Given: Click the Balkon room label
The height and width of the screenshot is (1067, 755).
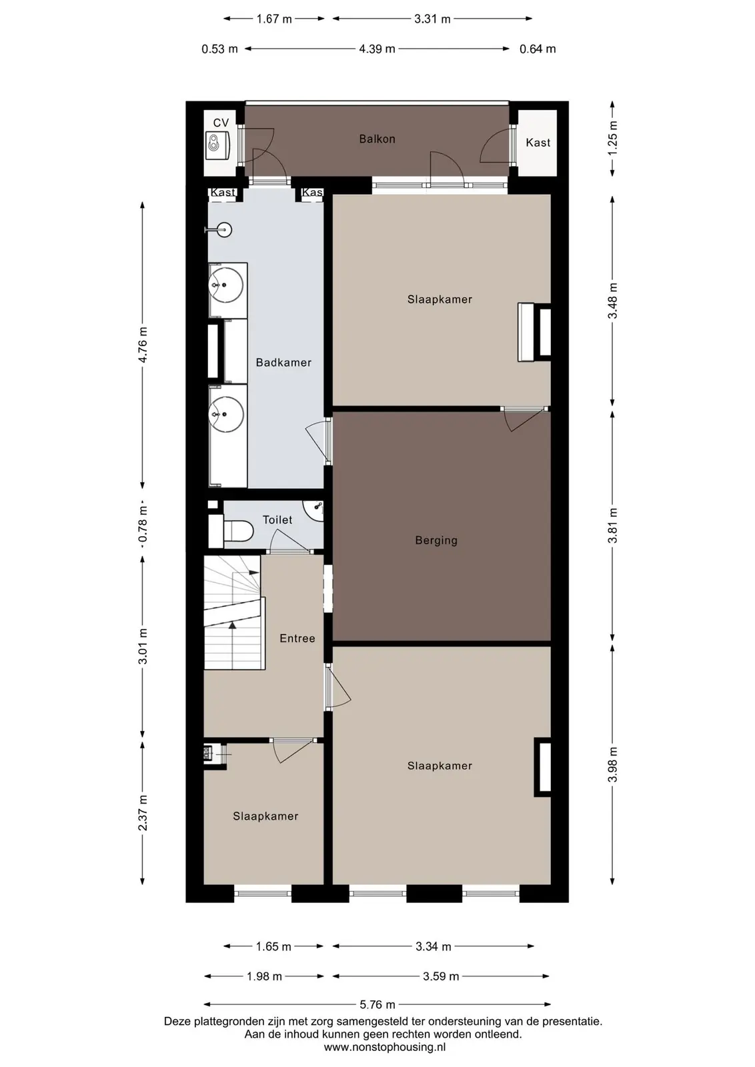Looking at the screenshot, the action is (x=377, y=139).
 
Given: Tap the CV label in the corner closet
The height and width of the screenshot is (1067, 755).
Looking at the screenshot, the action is (x=221, y=123).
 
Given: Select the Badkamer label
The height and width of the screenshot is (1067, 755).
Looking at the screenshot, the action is (x=283, y=363).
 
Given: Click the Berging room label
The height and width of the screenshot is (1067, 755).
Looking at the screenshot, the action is (x=436, y=540).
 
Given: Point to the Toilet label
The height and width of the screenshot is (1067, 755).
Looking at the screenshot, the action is (x=277, y=519).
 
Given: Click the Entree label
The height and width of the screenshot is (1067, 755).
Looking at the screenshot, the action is (x=297, y=638).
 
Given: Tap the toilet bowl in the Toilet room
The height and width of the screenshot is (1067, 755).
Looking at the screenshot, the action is (x=238, y=531).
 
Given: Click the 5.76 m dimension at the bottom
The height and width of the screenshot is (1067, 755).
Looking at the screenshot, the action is (x=377, y=1004).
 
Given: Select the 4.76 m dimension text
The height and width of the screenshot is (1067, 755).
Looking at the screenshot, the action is (x=143, y=344).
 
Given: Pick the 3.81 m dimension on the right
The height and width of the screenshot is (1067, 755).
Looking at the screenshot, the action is (x=612, y=525).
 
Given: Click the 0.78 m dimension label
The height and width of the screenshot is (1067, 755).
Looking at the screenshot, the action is (x=143, y=524).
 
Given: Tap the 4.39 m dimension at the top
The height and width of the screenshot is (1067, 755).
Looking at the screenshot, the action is (x=377, y=49).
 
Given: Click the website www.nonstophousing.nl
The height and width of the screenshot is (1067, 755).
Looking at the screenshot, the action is (x=384, y=1047).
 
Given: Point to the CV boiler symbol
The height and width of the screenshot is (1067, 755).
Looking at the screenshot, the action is (x=218, y=144).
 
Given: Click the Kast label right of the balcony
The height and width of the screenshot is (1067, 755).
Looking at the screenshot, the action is (x=538, y=143).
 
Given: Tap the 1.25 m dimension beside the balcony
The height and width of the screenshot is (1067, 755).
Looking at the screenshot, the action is (x=612, y=138).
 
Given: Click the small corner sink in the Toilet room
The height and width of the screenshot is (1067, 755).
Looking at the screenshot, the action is (x=314, y=510).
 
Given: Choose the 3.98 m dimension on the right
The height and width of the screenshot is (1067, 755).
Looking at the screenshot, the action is (x=612, y=764).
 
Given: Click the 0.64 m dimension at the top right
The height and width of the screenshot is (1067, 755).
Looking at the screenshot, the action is (x=538, y=49).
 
